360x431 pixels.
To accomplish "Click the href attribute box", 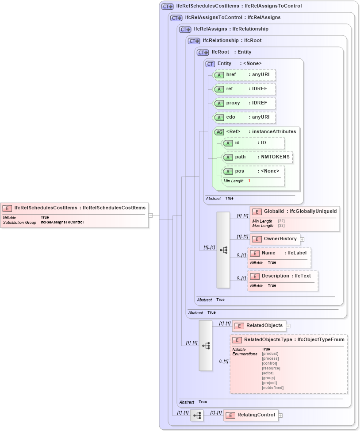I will click(244, 75).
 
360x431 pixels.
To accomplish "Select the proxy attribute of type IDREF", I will click(244, 103).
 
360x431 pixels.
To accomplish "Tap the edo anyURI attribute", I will click(244, 117).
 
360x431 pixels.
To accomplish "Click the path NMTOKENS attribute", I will click(257, 157).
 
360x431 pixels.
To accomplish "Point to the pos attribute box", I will click(253, 171).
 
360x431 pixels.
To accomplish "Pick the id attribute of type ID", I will click(253, 143).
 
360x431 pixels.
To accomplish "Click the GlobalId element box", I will click(295, 212).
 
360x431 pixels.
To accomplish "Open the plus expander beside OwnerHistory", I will click(303, 239).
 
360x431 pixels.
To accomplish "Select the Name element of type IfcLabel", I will click(279, 253).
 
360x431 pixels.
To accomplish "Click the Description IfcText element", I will click(283, 276).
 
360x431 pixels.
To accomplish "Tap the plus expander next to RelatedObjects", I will click(288, 326).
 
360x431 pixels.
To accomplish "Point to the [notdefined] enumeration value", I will click(272, 388).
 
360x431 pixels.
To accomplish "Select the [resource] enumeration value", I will click(271, 368).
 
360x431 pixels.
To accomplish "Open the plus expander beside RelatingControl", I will click(280, 416).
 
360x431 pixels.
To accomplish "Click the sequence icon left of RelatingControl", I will click(197, 416).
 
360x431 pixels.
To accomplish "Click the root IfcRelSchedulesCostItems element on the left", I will click(74, 208).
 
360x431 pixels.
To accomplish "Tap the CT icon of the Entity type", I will click(210, 64).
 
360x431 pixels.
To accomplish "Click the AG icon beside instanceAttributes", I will click(219, 132).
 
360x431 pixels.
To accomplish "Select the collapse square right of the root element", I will click(151, 215).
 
